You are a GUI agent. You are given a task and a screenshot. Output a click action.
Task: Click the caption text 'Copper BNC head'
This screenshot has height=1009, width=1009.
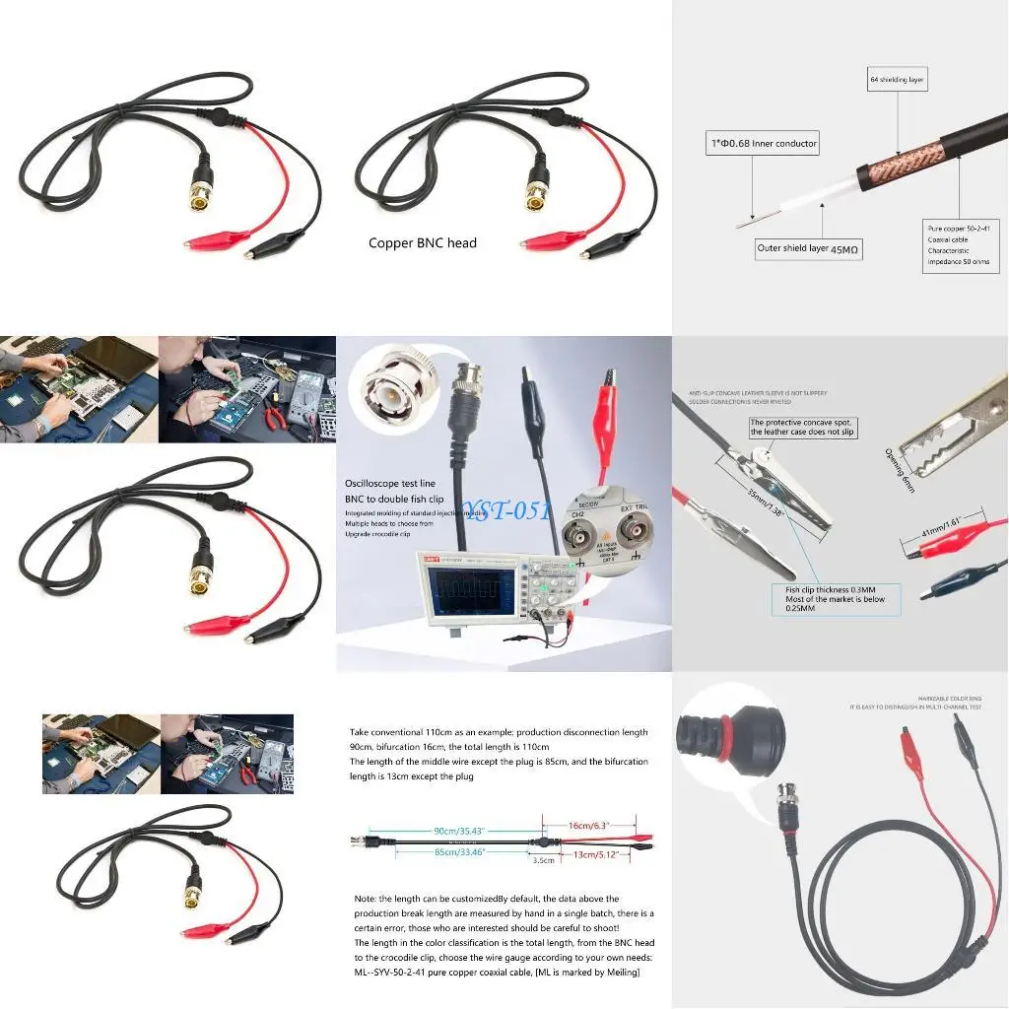[x=422, y=243]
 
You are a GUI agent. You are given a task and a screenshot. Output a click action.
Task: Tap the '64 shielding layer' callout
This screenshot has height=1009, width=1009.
[x=897, y=80]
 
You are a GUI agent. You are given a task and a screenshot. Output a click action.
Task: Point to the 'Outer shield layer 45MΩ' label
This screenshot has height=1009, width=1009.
[x=808, y=250]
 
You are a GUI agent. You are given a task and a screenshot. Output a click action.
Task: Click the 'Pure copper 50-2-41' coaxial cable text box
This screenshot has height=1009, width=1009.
[x=961, y=244]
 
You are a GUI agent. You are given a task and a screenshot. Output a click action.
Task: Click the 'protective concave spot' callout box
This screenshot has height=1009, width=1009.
[x=802, y=428]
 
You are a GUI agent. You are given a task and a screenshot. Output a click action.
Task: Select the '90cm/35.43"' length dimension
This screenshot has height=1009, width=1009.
[x=458, y=831]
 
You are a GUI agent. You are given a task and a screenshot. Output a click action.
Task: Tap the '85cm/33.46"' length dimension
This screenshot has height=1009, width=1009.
[x=458, y=853]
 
